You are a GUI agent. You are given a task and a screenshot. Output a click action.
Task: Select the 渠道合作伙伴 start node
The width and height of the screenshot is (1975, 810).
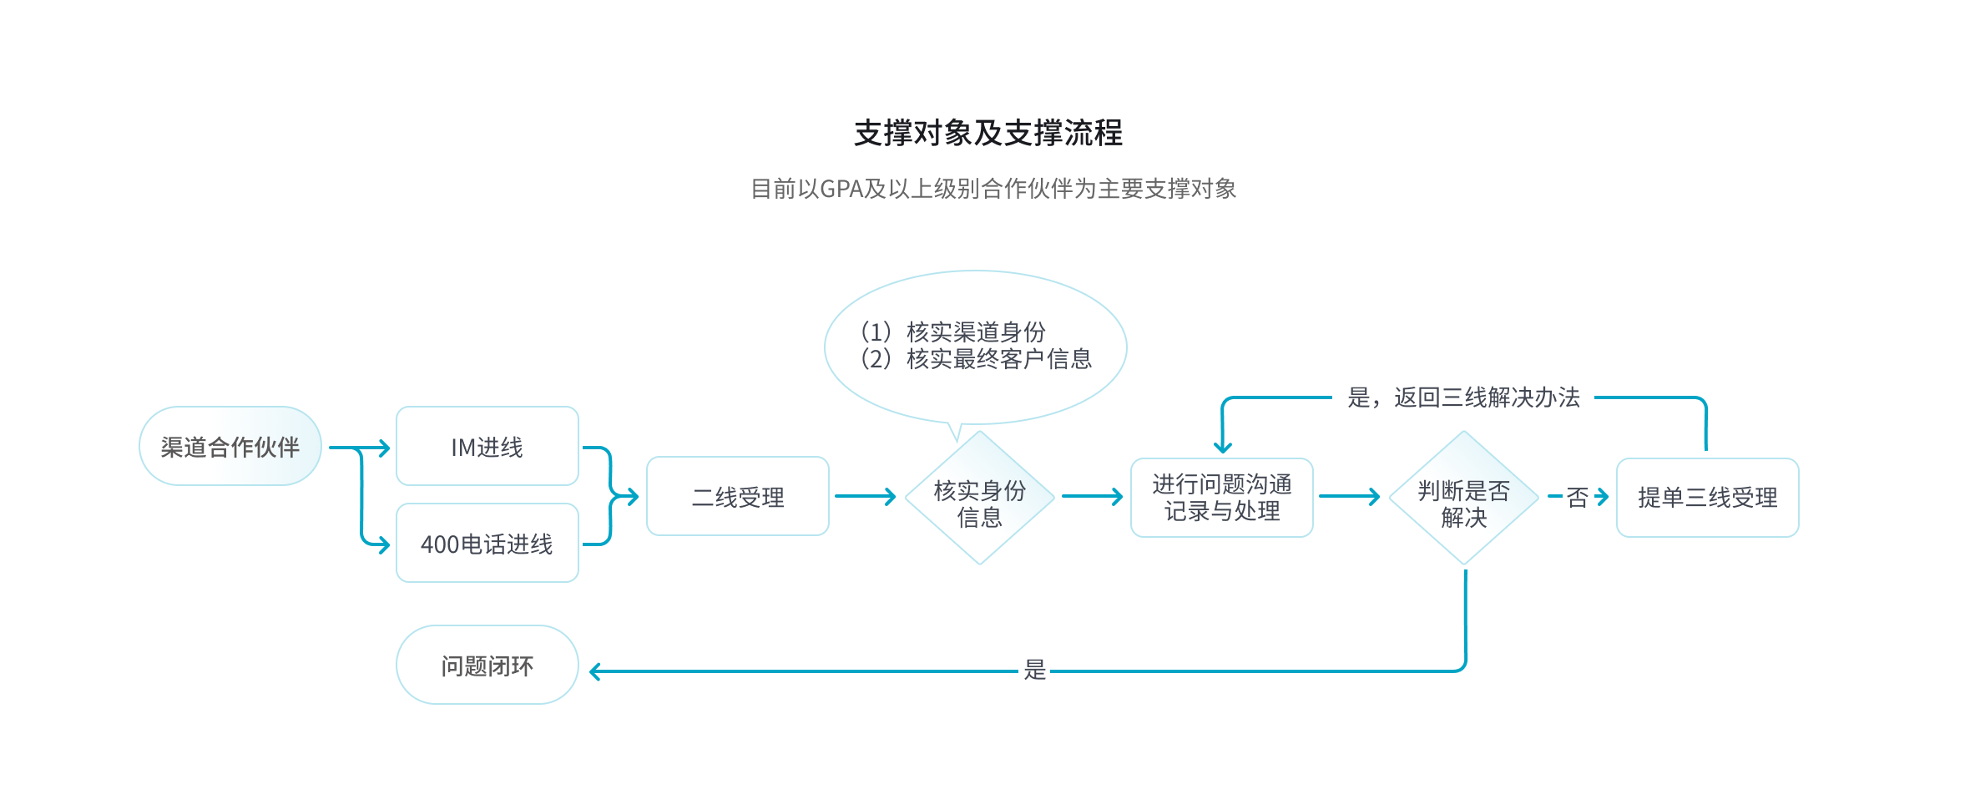230,447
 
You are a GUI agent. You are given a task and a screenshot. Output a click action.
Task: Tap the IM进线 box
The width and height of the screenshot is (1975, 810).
487,447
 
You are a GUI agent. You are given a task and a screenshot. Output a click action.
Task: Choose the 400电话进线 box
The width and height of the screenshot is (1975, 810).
487,544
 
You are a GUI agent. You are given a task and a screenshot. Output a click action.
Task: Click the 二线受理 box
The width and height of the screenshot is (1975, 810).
738,497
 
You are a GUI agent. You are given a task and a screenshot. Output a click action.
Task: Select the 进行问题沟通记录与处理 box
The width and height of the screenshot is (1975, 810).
1222,498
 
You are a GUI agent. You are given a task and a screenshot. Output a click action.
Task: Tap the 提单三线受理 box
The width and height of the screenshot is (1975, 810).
1708,498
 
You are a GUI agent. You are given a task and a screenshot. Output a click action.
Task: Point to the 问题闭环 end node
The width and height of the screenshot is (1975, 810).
487,666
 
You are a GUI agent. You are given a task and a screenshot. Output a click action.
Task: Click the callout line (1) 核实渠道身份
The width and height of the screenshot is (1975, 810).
953,332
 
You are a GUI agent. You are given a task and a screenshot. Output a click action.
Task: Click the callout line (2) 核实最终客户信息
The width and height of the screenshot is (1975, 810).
977,359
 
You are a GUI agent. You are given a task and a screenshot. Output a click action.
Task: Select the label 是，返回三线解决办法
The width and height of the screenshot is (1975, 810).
1463,397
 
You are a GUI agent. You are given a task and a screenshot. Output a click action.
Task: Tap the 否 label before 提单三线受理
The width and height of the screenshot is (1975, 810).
1578,498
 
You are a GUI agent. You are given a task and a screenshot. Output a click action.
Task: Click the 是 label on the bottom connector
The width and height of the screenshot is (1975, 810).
1035,670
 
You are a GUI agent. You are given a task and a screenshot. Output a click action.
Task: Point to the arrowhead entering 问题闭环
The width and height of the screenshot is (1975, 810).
595,671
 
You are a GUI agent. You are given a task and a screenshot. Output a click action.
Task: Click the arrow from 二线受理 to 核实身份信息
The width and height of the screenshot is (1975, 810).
865,497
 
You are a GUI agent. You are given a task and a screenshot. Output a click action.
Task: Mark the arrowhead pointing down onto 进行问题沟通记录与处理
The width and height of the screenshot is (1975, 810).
1223,448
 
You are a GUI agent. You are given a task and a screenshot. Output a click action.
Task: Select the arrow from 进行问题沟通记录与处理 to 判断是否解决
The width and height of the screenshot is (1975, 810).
1349,497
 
